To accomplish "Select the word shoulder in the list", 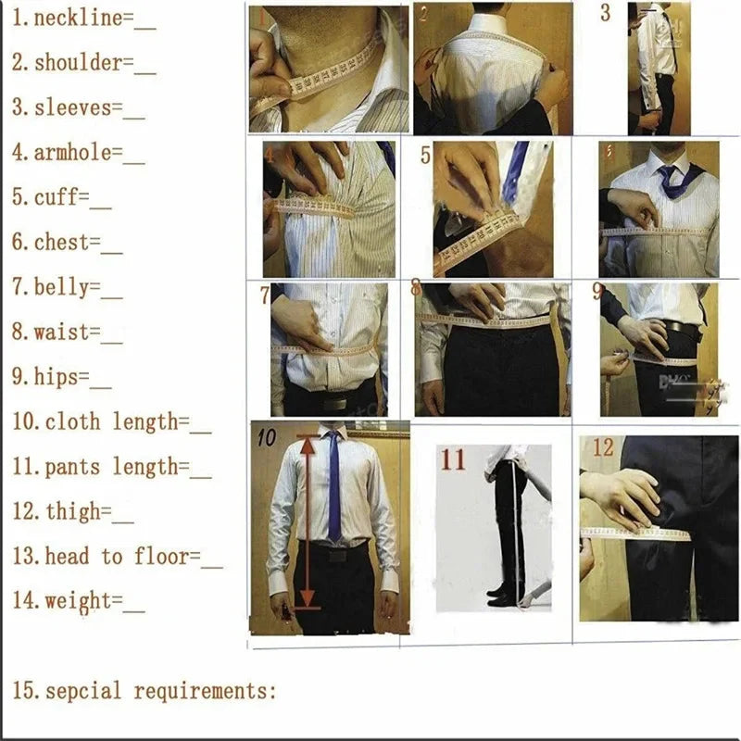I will [79, 63].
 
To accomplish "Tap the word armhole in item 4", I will [73, 153].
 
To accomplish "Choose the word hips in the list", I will [57, 377].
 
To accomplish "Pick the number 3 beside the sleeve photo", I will [606, 14].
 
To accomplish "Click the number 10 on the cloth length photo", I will [267, 437].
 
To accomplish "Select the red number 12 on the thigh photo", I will [603, 448].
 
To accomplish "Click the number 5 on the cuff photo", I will [426, 155].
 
